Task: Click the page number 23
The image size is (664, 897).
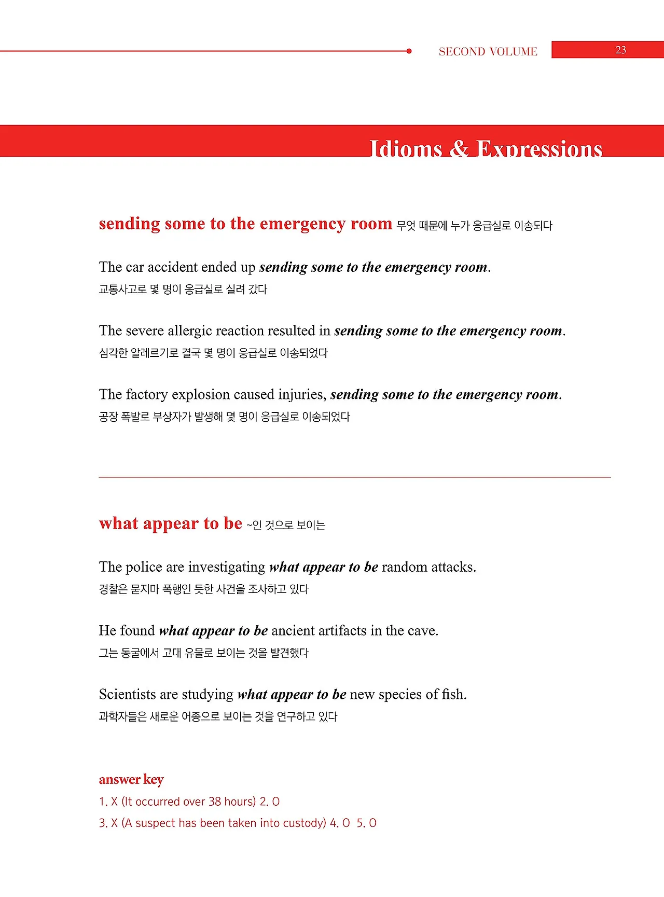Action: point(620,50)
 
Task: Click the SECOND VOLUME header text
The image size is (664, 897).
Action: point(488,51)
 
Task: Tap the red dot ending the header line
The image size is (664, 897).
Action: point(409,51)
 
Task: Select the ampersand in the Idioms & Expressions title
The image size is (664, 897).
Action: point(459,148)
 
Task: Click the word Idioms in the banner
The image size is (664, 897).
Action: point(405,149)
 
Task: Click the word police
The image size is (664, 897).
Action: point(144,567)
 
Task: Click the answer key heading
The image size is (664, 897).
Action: point(131,779)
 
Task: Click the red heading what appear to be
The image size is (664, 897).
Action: point(171,523)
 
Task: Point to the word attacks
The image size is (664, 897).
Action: point(453,567)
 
